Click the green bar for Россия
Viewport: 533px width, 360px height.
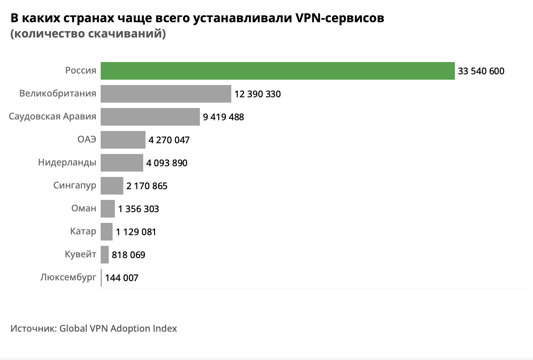[278, 71]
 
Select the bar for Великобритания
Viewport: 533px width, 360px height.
[166, 94]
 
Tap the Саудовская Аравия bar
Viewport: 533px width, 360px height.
[150, 117]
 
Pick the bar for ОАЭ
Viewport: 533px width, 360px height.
[123, 140]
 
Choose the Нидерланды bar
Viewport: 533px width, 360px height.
[122, 163]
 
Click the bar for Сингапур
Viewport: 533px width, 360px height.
[112, 186]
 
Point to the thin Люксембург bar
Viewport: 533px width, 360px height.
[101, 278]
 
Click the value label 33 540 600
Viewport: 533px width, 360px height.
[481, 71]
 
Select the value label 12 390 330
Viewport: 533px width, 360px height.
[257, 94]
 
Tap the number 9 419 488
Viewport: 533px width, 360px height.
[223, 117]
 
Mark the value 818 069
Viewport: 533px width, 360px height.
[128, 255]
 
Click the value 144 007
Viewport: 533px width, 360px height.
[121, 278]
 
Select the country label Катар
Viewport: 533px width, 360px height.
[83, 231]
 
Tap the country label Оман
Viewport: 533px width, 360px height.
[83, 208]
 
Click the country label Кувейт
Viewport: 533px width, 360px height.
[80, 254]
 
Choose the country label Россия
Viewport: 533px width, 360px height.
[80, 70]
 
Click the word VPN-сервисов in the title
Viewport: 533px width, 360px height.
[340, 18]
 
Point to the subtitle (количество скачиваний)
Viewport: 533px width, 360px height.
[88, 34]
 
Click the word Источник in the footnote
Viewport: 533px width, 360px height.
[33, 329]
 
